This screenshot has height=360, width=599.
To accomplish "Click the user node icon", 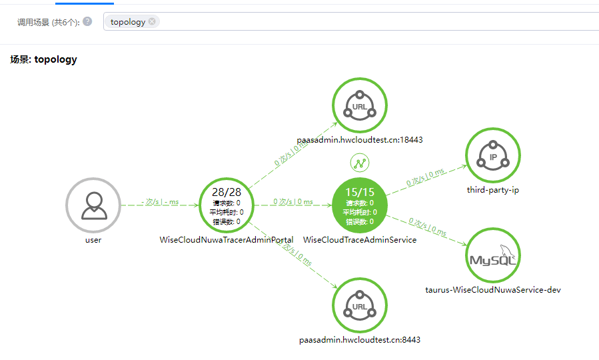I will click(x=93, y=205).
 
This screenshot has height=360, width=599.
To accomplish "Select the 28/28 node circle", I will click(x=227, y=205).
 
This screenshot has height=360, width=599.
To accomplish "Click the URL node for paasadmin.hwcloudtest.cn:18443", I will click(x=360, y=105).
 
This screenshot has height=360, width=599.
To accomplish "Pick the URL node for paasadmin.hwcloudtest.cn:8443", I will click(x=360, y=305).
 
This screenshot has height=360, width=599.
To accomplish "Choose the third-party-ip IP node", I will click(x=493, y=156).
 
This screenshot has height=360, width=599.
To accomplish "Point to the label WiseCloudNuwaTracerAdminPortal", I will click(x=227, y=240).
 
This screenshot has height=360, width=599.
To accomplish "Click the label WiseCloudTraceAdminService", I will click(x=360, y=240).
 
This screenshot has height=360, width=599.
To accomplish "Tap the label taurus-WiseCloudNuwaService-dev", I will click(x=493, y=290).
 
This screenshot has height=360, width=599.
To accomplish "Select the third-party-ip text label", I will click(x=493, y=190).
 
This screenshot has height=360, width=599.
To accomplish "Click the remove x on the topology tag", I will click(x=152, y=21).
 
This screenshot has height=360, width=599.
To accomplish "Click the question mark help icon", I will click(x=87, y=21).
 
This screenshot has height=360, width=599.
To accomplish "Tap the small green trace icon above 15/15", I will click(x=360, y=163).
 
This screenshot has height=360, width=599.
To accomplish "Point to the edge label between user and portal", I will click(x=160, y=201).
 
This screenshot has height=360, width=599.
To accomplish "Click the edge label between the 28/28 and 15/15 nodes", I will click(x=293, y=201).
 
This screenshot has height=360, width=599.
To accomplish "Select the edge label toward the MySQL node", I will click(x=427, y=227).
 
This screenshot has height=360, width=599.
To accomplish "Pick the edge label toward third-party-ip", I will click(x=426, y=178).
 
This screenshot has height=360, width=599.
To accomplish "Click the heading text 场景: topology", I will click(x=43, y=59).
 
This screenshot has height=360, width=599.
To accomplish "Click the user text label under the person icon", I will click(x=93, y=240).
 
